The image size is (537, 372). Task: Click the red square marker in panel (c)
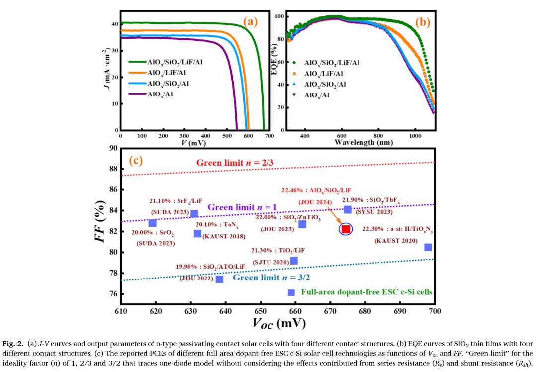346,229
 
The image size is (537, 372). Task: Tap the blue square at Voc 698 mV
428,247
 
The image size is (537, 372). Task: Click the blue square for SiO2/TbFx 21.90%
348,210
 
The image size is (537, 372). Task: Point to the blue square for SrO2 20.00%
153,223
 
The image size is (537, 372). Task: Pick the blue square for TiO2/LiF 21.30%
294,261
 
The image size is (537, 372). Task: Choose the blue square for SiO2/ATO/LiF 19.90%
219,279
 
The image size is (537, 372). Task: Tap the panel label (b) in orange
423,21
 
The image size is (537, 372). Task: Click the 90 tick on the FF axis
114,148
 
